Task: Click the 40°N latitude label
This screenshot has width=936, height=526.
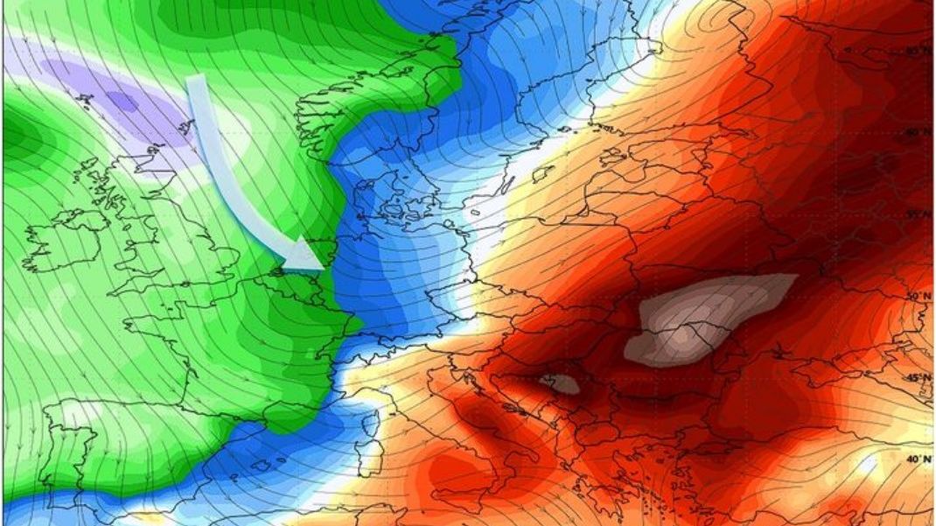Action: pos(917,459)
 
